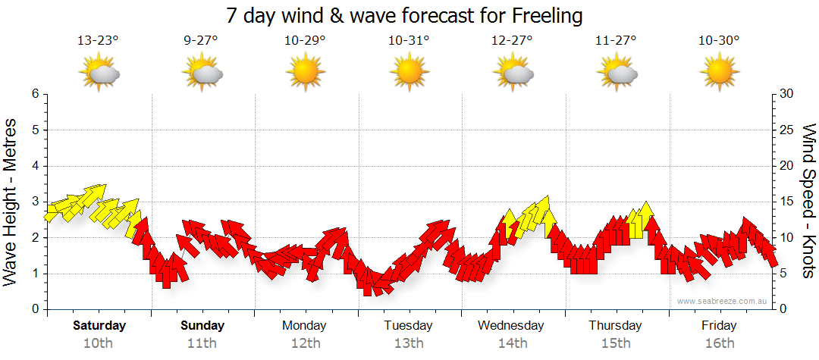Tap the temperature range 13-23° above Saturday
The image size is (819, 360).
[x=99, y=41]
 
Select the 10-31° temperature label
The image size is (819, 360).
[x=409, y=41]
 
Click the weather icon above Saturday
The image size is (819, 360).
[x=99, y=74]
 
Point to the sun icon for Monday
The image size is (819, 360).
[x=305, y=74]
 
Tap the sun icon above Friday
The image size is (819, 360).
[x=719, y=74]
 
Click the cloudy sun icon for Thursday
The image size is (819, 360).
[x=616, y=74]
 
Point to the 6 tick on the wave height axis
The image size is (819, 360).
[x=35, y=94]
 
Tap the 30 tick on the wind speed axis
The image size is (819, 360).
[x=788, y=94]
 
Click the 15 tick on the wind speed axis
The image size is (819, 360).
[x=788, y=202]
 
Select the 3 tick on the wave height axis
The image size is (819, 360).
[x=35, y=202]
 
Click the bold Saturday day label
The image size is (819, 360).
[x=99, y=326]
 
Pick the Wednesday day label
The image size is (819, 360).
[x=511, y=326]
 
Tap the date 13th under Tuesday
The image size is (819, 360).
[x=409, y=343]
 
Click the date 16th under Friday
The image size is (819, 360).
[x=719, y=343]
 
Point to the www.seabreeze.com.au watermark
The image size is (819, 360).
[x=723, y=301]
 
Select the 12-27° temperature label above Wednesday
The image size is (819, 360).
[x=512, y=41]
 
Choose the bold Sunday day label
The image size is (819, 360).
[x=202, y=326]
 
